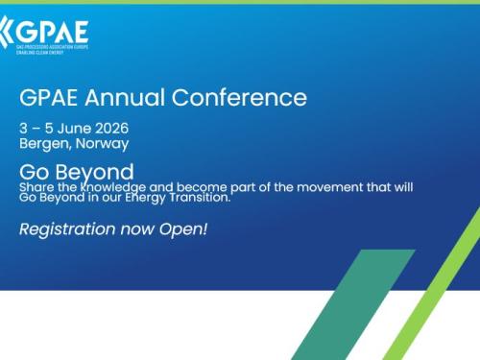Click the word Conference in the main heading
coord(252,98)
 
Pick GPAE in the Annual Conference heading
coord(53,98)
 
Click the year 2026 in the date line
coord(109,129)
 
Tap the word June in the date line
coord(73,129)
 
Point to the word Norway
coord(102,144)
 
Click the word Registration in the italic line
coord(67,229)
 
